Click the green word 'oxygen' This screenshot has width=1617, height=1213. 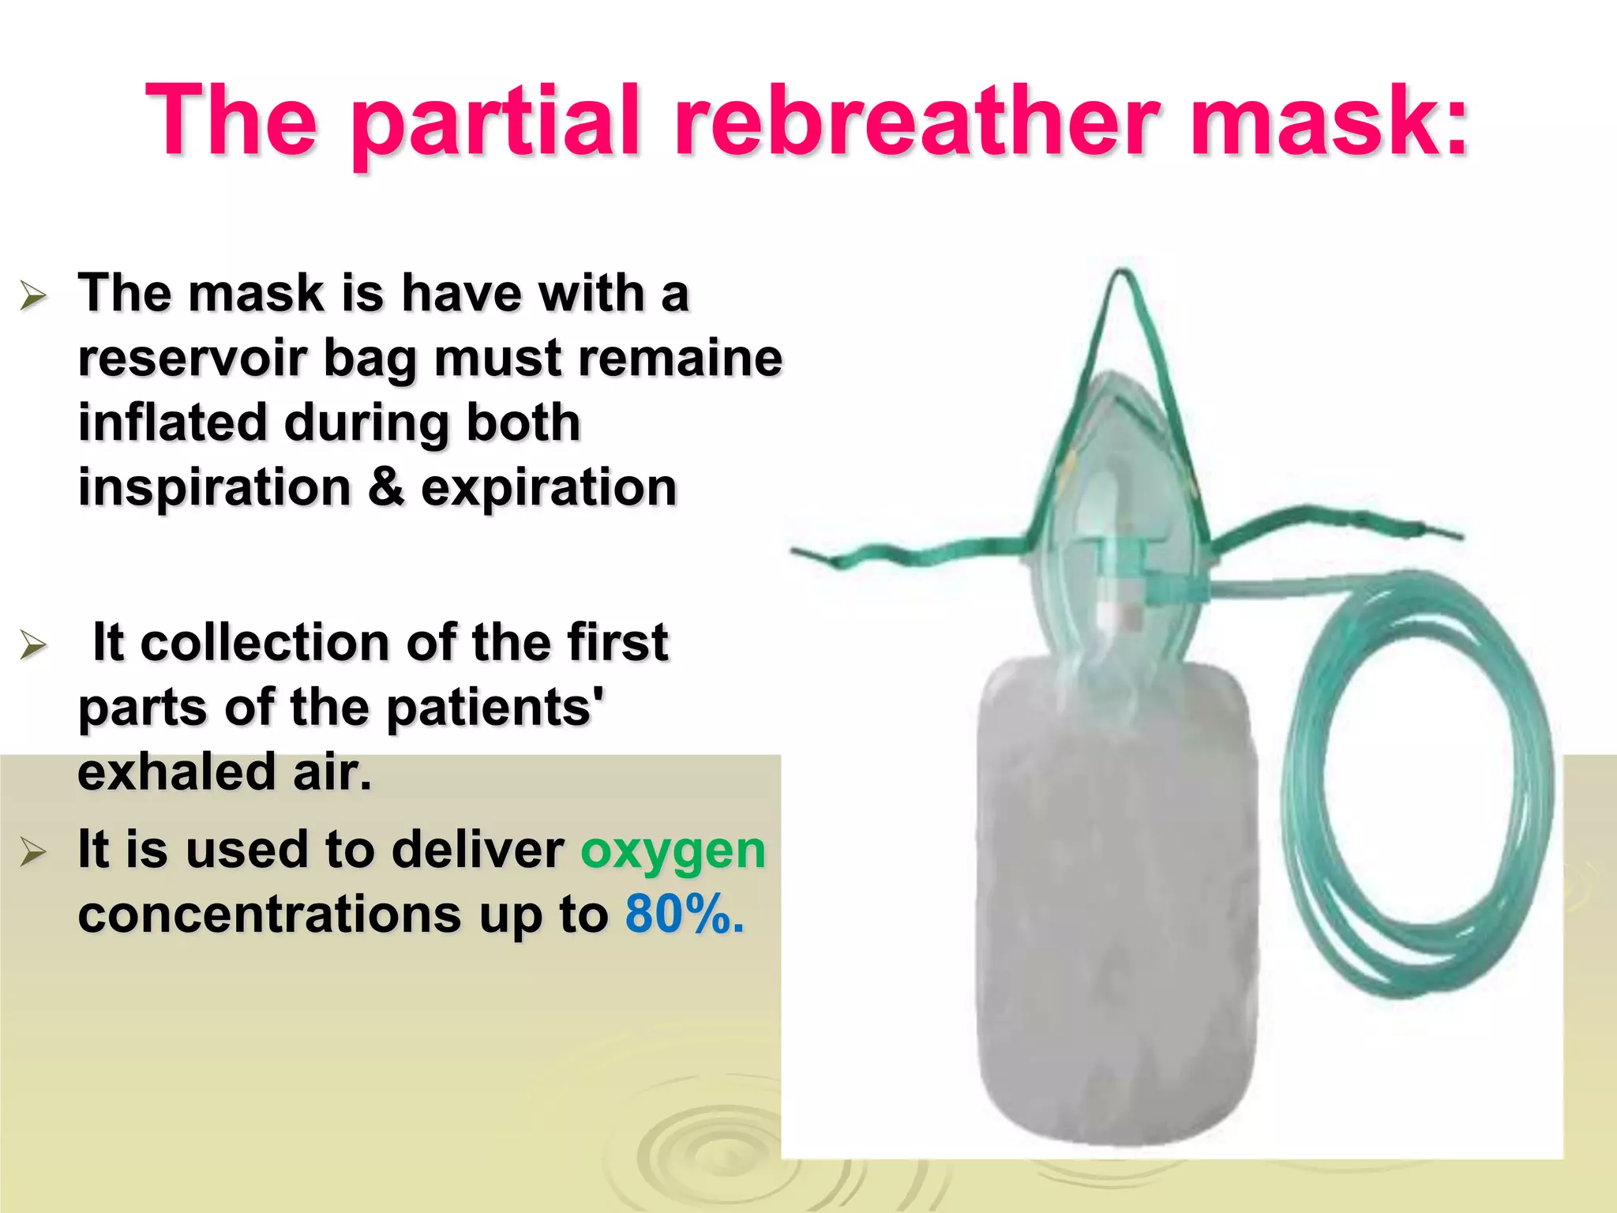click(673, 851)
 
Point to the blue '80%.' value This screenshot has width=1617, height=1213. click(684, 915)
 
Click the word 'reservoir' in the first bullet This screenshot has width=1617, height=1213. click(193, 358)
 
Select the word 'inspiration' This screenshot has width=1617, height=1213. click(215, 488)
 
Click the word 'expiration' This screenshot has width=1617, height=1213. click(549, 488)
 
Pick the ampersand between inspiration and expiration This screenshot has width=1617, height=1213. click(385, 488)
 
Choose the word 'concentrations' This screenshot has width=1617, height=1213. click(269, 915)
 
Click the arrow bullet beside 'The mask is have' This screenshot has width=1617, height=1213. click(33, 297)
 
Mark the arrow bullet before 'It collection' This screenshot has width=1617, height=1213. click(33, 645)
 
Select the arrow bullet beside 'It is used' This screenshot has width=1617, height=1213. click(33, 853)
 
